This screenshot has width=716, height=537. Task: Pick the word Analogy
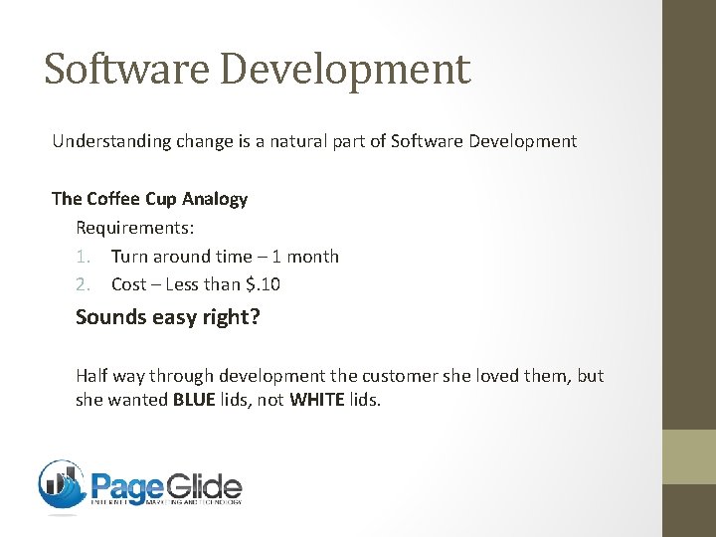pyautogui.click(x=213, y=199)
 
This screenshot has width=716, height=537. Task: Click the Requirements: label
pyautogui.click(x=135, y=228)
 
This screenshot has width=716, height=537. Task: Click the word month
pyautogui.click(x=313, y=257)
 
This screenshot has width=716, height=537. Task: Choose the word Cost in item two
pyautogui.click(x=128, y=284)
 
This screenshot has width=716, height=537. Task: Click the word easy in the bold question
pyautogui.click(x=195, y=318)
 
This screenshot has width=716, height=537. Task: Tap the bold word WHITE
pyautogui.click(x=317, y=401)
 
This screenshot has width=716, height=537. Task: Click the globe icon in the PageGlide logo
pyautogui.click(x=62, y=485)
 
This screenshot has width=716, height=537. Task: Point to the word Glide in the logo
pyautogui.click(x=203, y=487)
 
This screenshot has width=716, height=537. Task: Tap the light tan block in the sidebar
pyautogui.click(x=688, y=456)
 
